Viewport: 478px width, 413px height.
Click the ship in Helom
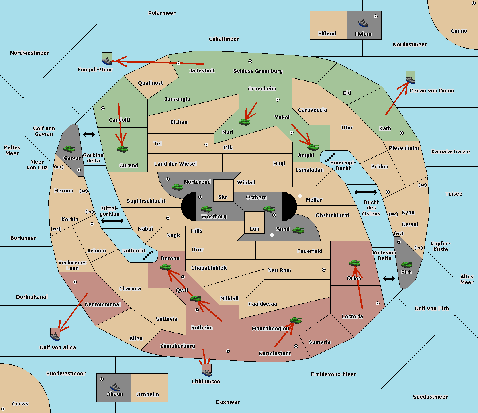point(363,23)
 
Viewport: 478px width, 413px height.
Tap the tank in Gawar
point(69,149)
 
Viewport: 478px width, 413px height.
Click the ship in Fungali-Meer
point(107,61)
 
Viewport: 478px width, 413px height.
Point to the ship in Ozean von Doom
point(410,79)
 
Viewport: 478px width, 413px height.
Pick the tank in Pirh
point(406,265)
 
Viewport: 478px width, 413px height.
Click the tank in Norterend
point(177,187)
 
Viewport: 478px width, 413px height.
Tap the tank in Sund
point(298,231)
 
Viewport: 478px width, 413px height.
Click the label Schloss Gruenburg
point(258,71)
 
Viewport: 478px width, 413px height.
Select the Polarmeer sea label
point(162,13)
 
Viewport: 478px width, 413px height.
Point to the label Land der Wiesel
point(175,164)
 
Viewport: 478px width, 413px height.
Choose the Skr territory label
point(223,197)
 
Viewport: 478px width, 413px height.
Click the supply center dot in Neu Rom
point(324,270)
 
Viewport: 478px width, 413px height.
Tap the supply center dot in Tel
point(206,145)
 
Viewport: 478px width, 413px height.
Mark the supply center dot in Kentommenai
point(75,282)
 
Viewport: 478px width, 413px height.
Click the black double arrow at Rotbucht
point(147,255)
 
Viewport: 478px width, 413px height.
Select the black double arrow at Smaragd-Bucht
point(330,157)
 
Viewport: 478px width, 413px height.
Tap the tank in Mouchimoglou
point(296,321)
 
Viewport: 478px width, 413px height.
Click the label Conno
point(459,31)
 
